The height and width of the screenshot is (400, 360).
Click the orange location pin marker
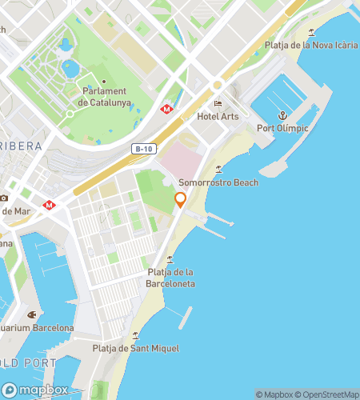181,200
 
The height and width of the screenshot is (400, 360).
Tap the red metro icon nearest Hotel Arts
166,109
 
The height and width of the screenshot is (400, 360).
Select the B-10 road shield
143,148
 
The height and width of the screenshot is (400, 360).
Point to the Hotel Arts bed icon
218,104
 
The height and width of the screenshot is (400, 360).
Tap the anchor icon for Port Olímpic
282,115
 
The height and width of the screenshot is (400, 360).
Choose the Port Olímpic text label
282,128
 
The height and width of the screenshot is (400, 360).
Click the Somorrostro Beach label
218,182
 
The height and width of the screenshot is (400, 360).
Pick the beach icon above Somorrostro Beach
218,170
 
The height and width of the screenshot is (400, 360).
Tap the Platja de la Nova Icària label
311,46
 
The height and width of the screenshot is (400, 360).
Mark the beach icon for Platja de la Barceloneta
170,259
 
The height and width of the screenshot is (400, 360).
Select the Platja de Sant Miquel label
135,348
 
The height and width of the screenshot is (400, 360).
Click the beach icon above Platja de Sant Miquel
135,335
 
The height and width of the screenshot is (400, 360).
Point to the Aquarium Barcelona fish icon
32,314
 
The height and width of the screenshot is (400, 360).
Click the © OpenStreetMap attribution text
326,394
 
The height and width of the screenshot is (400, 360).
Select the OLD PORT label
28,362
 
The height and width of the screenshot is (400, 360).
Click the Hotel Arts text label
218,117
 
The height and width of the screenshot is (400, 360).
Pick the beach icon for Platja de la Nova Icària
311,33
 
